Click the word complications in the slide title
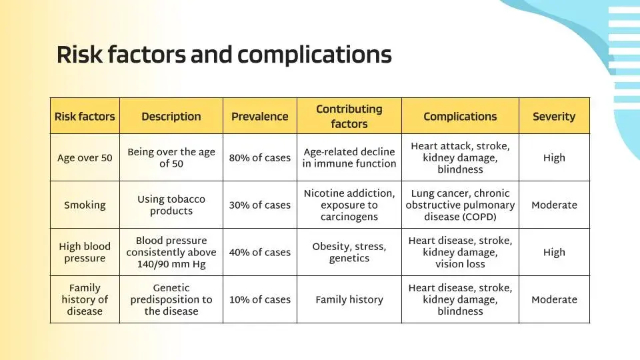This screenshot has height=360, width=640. (314, 55)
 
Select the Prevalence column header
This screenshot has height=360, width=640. (259, 116)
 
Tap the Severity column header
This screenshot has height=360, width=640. (554, 116)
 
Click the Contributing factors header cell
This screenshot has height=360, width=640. (349, 116)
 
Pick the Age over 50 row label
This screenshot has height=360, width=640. (85, 157)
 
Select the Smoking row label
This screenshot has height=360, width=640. (85, 205)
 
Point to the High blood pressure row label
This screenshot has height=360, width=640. (85, 252)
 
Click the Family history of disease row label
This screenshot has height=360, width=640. (85, 299)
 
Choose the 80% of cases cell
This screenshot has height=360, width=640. (259, 157)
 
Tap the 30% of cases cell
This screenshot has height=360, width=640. (259, 205)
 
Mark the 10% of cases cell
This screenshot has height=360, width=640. (259, 299)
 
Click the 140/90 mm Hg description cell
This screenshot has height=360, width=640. (171, 252)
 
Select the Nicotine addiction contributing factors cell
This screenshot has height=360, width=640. (349, 205)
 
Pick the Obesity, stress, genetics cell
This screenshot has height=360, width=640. (349, 252)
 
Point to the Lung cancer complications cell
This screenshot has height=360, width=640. (460, 205)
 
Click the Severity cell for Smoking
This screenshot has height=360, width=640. (554, 205)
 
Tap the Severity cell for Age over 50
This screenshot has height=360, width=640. (554, 157)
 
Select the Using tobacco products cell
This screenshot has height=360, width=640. (171, 205)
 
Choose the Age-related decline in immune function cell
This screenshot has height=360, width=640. (349, 157)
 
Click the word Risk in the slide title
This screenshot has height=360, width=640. (79, 55)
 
